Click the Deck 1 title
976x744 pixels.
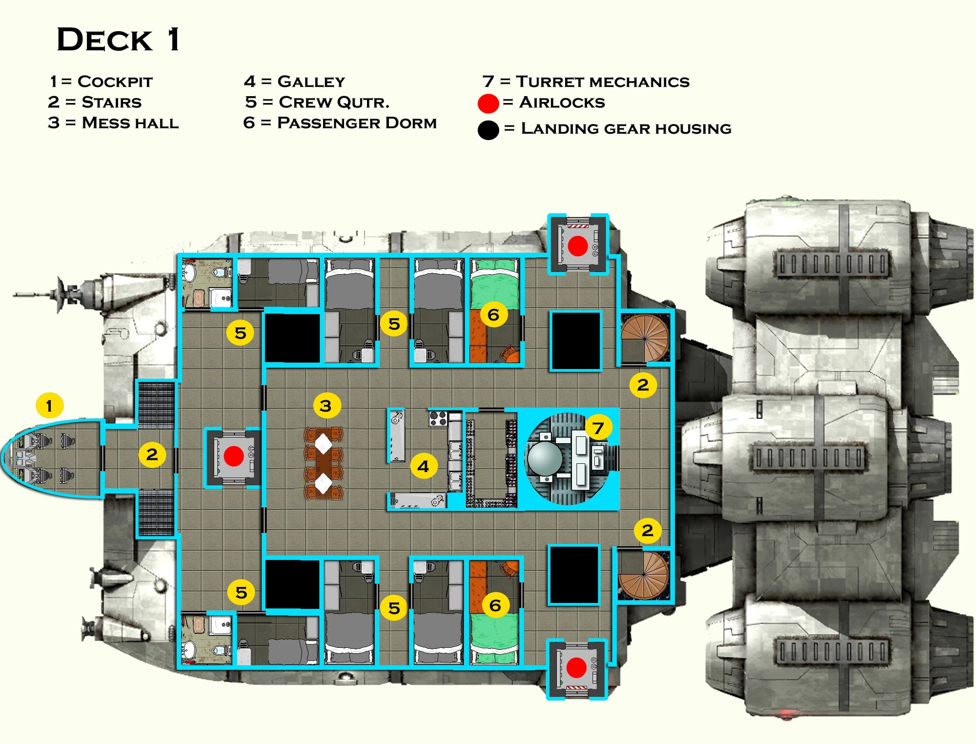pyautogui.click(x=119, y=40)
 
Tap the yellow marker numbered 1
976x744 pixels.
pyautogui.click(x=49, y=405)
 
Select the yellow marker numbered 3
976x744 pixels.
pyautogui.click(x=326, y=405)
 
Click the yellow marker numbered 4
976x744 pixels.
pyautogui.click(x=423, y=466)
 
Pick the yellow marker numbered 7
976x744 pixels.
pyautogui.click(x=598, y=428)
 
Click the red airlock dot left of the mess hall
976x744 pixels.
pyautogui.click(x=233, y=456)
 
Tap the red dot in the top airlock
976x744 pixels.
pyautogui.click(x=578, y=246)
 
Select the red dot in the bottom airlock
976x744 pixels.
pyautogui.click(x=576, y=667)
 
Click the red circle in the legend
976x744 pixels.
pyautogui.click(x=488, y=103)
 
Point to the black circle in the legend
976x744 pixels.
pyautogui.click(x=488, y=130)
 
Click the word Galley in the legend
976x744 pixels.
pyautogui.click(x=311, y=82)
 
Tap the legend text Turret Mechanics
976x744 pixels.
pyautogui.click(x=603, y=82)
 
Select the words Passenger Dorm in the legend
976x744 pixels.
pyautogui.click(x=357, y=123)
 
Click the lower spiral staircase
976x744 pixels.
pyautogui.click(x=644, y=574)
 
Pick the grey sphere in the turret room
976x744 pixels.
pyautogui.click(x=545, y=458)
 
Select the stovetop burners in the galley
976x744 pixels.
pyautogui.click(x=438, y=418)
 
